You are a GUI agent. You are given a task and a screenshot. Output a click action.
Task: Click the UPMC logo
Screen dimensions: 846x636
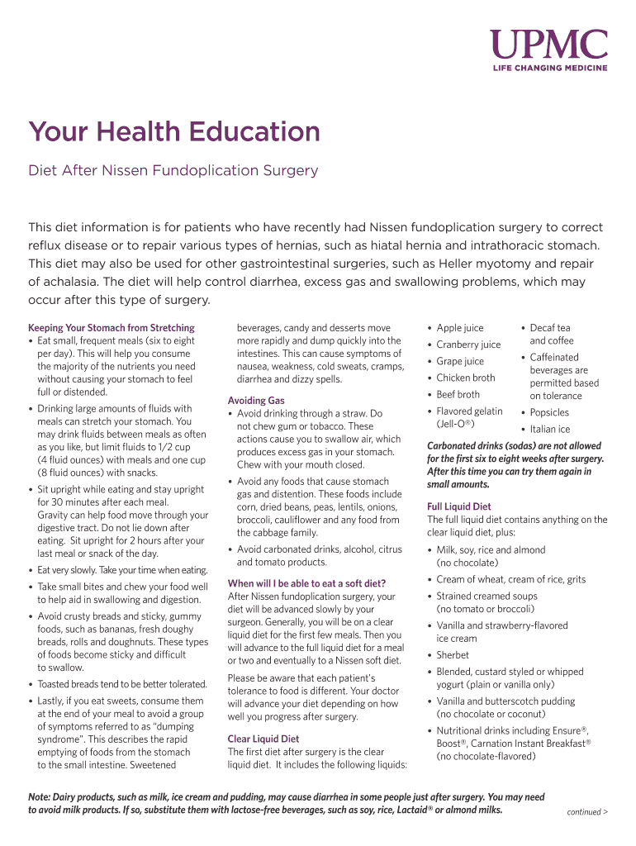[548, 46]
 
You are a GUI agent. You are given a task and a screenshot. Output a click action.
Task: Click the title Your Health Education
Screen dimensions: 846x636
[174, 132]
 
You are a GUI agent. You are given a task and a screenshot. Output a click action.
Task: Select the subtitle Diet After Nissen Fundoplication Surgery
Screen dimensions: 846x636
[173, 171]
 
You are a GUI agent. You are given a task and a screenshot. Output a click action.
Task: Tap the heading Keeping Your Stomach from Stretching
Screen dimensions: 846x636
[112, 328]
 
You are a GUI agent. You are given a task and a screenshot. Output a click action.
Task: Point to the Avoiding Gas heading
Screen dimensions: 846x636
[256, 401]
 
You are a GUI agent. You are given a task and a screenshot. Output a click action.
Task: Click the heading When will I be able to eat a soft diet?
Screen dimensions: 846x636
[306, 583]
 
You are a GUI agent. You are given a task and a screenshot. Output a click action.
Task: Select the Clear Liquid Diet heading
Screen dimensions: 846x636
[263, 739]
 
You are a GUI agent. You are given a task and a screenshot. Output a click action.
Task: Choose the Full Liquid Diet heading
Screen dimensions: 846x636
[458, 506]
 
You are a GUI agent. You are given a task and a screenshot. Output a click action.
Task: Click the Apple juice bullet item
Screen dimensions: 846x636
[460, 328]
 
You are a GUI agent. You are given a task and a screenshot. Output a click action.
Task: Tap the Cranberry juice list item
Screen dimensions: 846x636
[468, 345]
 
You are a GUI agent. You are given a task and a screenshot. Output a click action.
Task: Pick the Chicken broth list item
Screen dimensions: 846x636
[466, 378]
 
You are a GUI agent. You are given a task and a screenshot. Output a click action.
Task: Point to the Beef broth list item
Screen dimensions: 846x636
[458, 394]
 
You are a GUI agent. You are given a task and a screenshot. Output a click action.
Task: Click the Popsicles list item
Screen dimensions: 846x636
[549, 412]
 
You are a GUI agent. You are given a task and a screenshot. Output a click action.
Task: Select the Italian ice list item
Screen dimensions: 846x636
[549, 429]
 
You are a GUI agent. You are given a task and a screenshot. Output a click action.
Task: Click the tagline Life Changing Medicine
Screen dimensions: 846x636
[550, 68]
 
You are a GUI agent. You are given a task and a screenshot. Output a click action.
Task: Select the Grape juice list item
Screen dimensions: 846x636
[460, 361]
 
